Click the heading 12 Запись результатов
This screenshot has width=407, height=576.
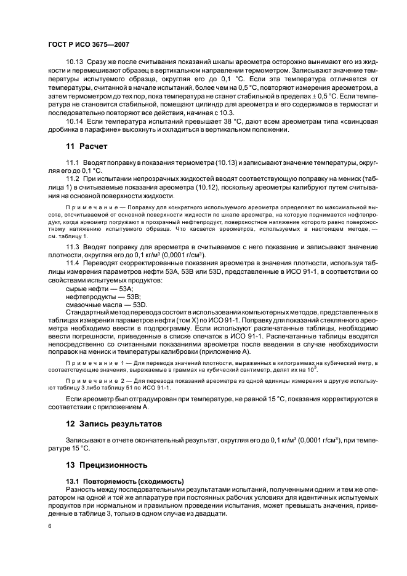click(115, 423)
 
